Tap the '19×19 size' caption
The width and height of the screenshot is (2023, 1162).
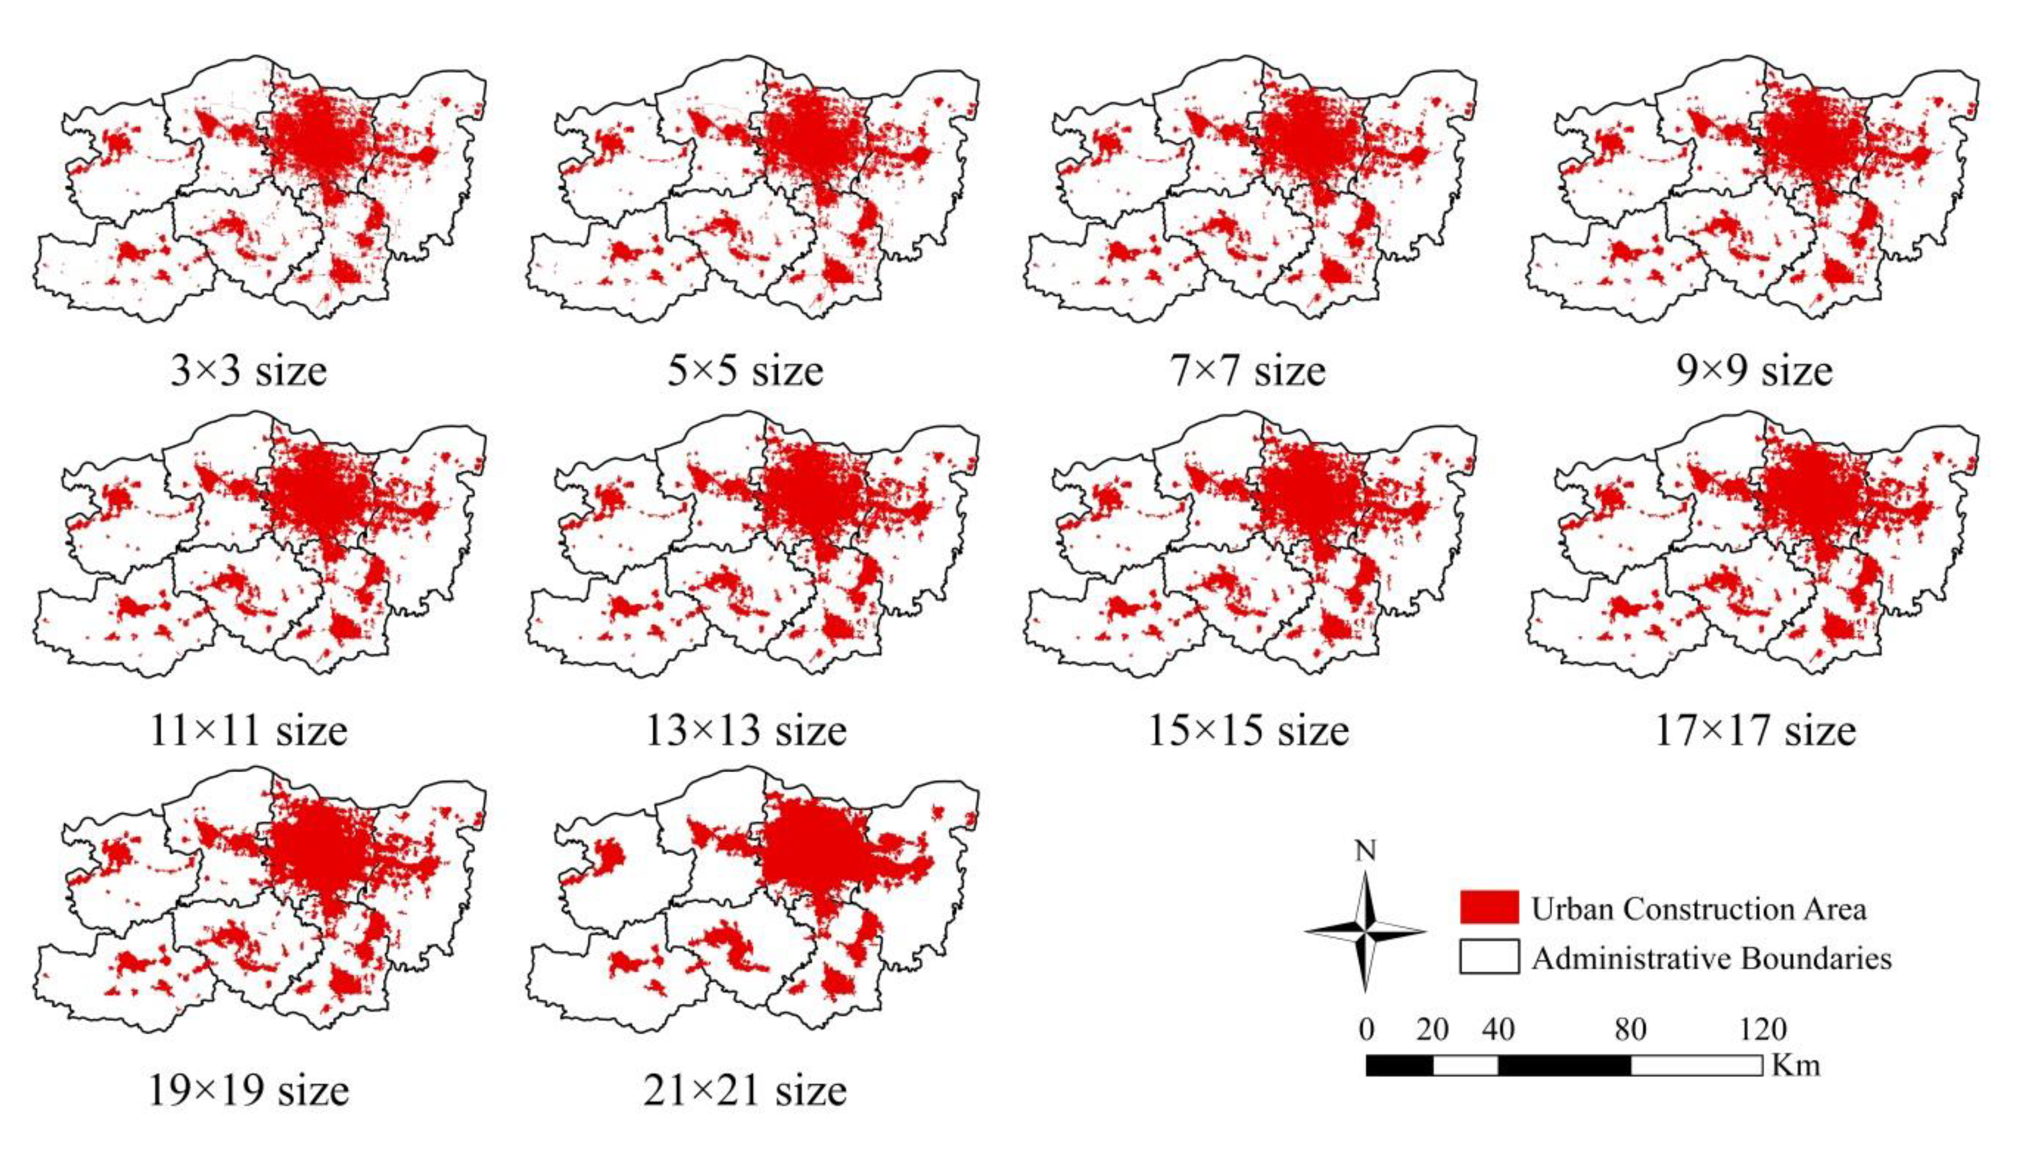[x=248, y=1091]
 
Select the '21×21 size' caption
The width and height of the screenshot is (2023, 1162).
[x=745, y=1091]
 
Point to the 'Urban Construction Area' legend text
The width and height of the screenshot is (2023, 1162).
[x=1698, y=909]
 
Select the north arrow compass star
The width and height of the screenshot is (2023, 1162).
[x=1365, y=932]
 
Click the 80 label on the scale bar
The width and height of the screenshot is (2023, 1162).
[x=1630, y=1030]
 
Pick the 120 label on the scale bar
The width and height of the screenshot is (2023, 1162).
[x=1763, y=1030]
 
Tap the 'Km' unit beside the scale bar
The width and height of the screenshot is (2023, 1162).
[x=1796, y=1065]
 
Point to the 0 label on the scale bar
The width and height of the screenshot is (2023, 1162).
[x=1367, y=1030]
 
